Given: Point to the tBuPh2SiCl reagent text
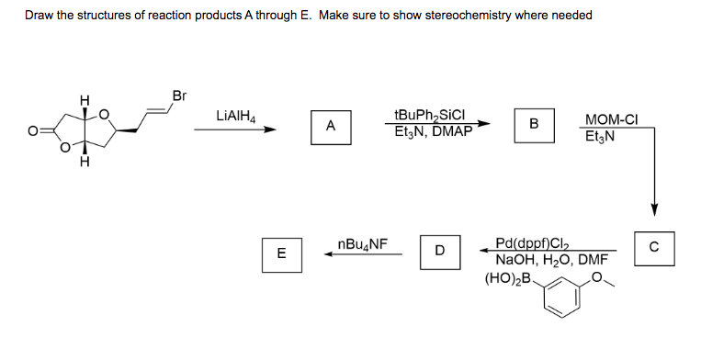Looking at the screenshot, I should coord(430,116).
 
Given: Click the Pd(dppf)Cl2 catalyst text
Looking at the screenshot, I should coord(534,243).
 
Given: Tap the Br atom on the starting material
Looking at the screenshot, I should coord(179,96).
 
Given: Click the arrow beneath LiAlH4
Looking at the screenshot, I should coord(235,129).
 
